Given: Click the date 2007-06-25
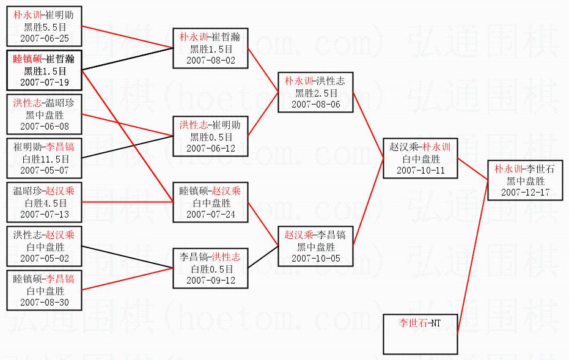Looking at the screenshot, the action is pyautogui.click(x=45, y=38).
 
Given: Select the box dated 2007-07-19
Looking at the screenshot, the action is pyautogui.click(x=45, y=70).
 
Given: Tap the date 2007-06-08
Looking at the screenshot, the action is pyautogui.click(x=45, y=126).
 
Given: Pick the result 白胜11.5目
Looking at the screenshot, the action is pyautogui.click(x=45, y=159).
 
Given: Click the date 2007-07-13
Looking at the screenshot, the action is pyautogui.click(x=45, y=214).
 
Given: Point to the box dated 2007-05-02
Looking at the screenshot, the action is pyautogui.click(x=45, y=248).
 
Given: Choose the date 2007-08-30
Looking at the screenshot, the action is pyautogui.click(x=45, y=302).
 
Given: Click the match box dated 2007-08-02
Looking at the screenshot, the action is pyautogui.click(x=210, y=48).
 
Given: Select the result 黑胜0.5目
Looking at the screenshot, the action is pyautogui.click(x=210, y=137).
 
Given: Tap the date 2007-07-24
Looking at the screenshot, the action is pyautogui.click(x=210, y=214).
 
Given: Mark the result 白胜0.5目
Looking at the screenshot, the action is pyautogui.click(x=210, y=269).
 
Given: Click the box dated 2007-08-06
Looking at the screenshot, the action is pyautogui.click(x=315, y=92).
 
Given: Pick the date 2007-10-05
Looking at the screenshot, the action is pyautogui.click(x=315, y=258).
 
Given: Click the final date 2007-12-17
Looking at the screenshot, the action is pyautogui.click(x=525, y=192).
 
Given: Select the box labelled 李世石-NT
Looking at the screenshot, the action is pyautogui.click(x=420, y=334).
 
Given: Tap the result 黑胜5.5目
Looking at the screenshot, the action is pyautogui.click(x=45, y=27).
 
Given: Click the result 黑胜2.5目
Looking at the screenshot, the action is pyautogui.click(x=315, y=93).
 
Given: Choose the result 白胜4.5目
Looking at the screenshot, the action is pyautogui.click(x=45, y=203).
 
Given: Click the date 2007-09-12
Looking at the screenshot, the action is pyautogui.click(x=210, y=281).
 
